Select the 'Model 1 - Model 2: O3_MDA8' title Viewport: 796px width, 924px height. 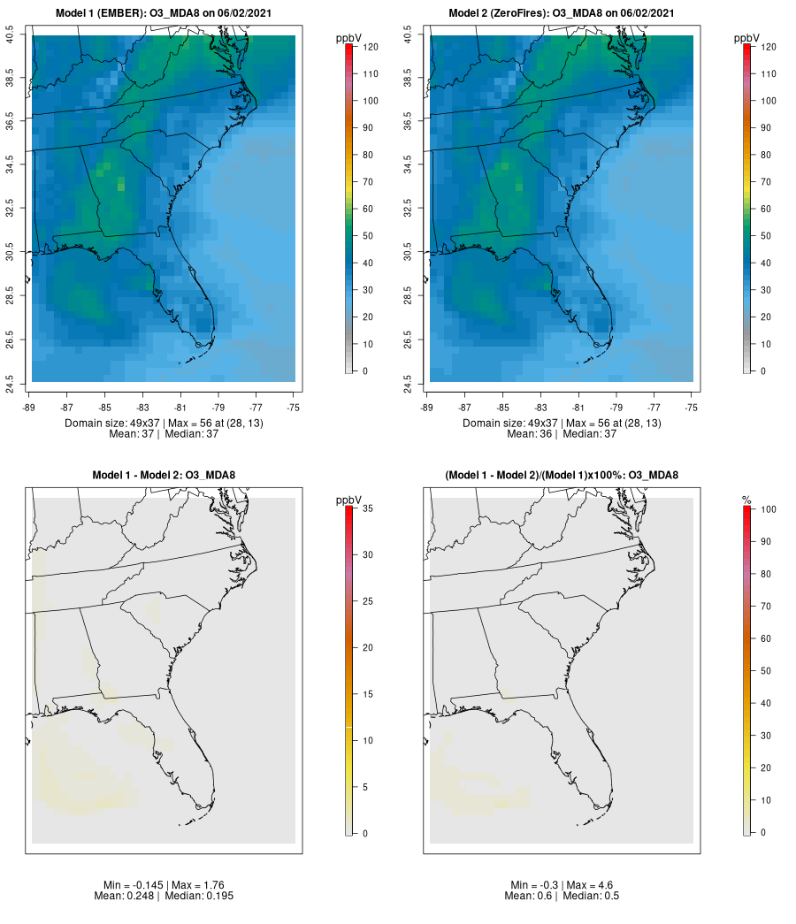pos(164,476)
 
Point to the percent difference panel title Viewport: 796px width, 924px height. pos(562,476)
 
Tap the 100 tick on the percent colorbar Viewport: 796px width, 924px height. pos(767,508)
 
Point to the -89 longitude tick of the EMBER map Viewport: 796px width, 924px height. pos(32,408)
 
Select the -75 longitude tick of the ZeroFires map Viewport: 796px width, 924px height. pos(692,408)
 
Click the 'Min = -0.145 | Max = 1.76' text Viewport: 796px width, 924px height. pos(164,885)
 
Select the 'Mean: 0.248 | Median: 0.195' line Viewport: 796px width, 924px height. pos(164,896)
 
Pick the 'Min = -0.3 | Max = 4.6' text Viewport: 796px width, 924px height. pos(562,885)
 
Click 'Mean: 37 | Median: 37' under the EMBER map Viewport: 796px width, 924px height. pos(164,433)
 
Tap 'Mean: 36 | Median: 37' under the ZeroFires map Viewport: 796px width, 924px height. pos(562,433)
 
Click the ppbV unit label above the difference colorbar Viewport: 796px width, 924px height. pos(348,500)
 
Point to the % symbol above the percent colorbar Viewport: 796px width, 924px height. pos(747,500)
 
